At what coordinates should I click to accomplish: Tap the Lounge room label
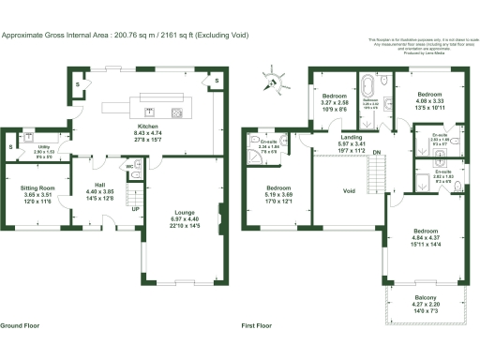click(x=184, y=213)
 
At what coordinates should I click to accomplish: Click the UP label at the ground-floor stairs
click(x=134, y=208)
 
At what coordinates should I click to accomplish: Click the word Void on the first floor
click(x=349, y=191)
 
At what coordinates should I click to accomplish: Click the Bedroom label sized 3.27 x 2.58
click(x=335, y=97)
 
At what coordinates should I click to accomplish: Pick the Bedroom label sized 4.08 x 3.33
click(x=429, y=95)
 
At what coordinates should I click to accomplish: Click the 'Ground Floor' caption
click(x=20, y=325)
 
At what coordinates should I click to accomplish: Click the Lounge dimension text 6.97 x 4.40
click(x=184, y=219)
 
